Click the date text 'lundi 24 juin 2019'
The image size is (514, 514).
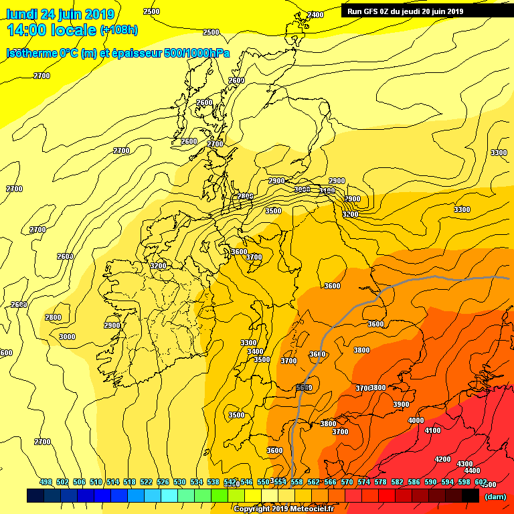tap(61, 14)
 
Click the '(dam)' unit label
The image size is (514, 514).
tap(495, 496)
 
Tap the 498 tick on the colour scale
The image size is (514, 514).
tap(46, 482)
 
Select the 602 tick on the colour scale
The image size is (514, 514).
tap(481, 482)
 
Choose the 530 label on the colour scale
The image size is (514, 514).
tap(179, 482)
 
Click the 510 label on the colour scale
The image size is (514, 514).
tap(96, 482)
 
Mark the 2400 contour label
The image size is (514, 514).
tap(315, 15)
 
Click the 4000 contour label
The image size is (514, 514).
tap(416, 420)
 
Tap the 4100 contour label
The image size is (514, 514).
tap(432, 430)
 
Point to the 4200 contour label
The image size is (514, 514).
tap(442, 459)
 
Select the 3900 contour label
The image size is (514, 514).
tap(401, 404)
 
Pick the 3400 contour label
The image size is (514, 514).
tap(254, 351)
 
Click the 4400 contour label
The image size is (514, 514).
tap(472, 470)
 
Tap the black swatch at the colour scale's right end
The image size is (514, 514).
tap(470, 495)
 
